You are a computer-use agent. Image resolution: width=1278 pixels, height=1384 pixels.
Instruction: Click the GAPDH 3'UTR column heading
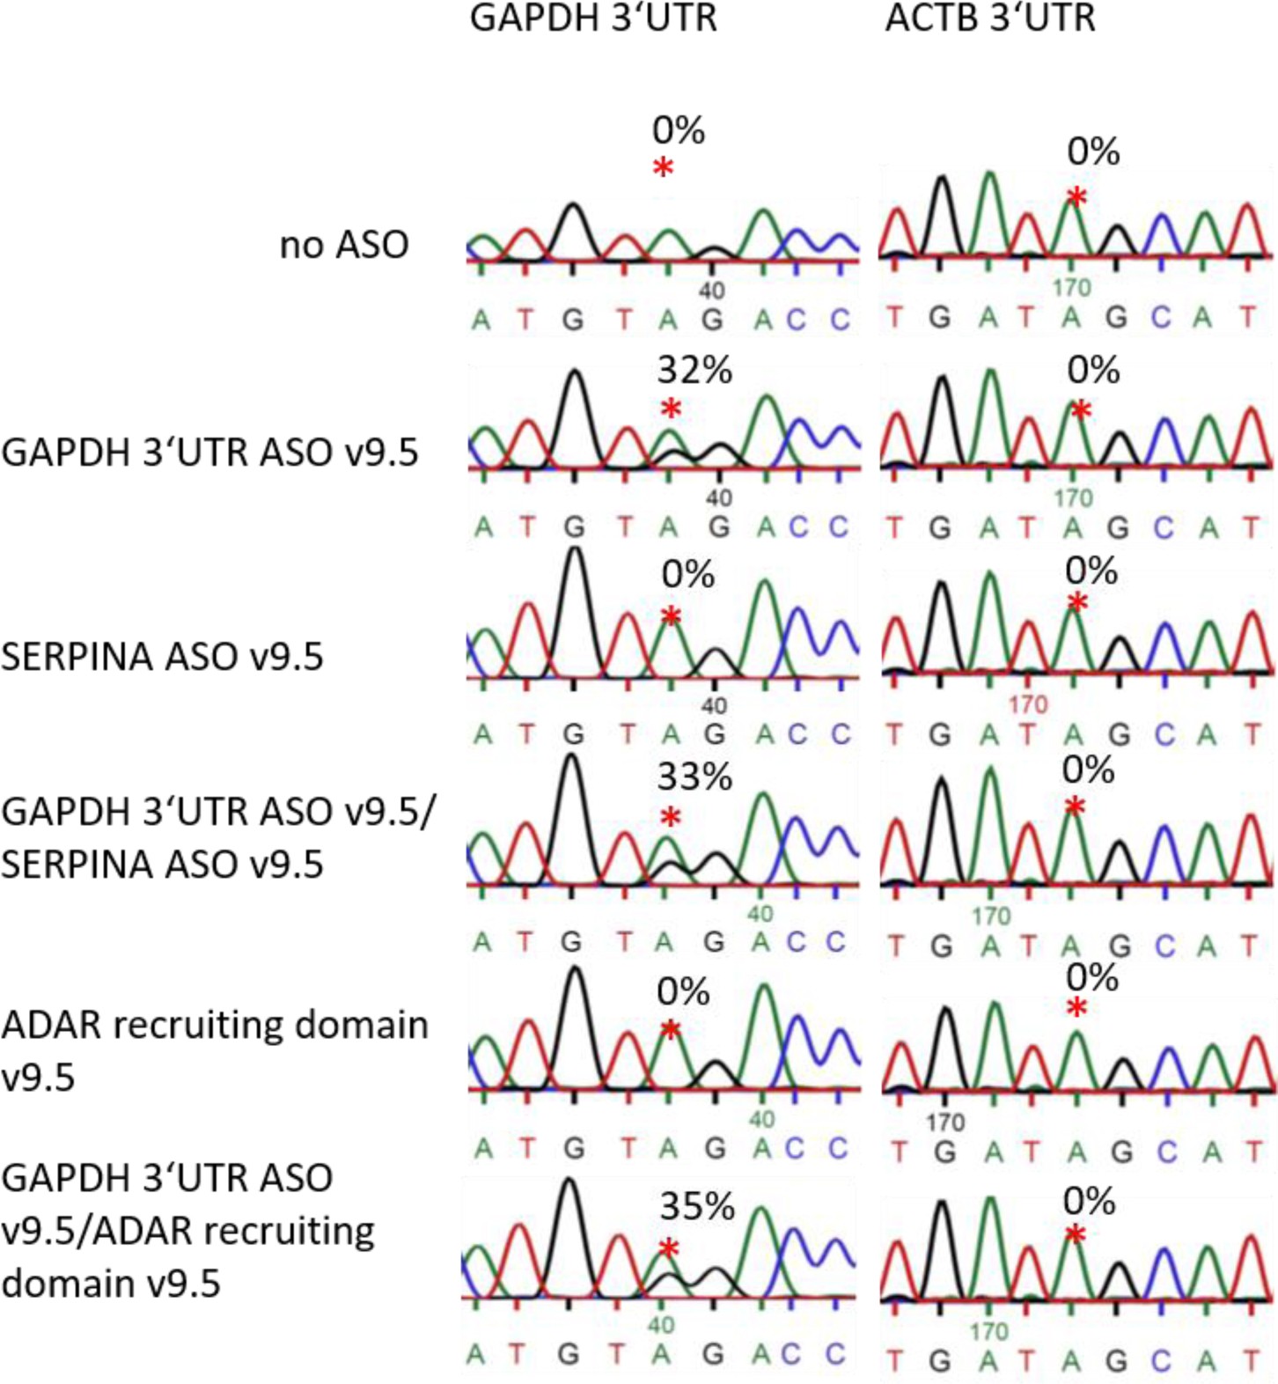(x=593, y=18)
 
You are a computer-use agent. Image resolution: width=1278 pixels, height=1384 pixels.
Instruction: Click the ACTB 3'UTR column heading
(x=990, y=18)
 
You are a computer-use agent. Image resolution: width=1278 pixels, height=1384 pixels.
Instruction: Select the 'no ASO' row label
(x=343, y=245)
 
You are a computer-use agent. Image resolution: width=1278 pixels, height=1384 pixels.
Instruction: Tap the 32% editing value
(x=694, y=371)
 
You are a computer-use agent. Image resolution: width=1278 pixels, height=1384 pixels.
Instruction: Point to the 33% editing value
(x=694, y=777)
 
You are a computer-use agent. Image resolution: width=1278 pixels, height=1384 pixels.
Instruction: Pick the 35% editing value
(x=696, y=1207)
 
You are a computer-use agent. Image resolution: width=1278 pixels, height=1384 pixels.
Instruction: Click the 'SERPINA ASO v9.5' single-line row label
(x=162, y=657)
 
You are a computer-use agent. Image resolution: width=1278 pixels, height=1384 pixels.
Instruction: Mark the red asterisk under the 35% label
(x=669, y=1249)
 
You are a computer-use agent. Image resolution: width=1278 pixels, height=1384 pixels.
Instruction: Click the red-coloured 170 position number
(x=1028, y=704)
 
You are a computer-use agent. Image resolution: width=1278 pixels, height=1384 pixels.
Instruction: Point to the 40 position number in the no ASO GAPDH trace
(x=711, y=291)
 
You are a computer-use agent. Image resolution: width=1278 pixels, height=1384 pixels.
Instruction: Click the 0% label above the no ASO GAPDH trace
(x=678, y=130)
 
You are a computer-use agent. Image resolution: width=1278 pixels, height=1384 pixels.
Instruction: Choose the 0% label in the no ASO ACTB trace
(x=1093, y=151)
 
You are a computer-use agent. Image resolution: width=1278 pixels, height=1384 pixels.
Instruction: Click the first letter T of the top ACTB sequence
(x=895, y=317)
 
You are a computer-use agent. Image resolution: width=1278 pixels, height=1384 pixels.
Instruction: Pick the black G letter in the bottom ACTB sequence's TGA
(x=940, y=1361)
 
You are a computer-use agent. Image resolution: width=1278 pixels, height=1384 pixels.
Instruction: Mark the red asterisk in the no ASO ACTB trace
(x=1076, y=197)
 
